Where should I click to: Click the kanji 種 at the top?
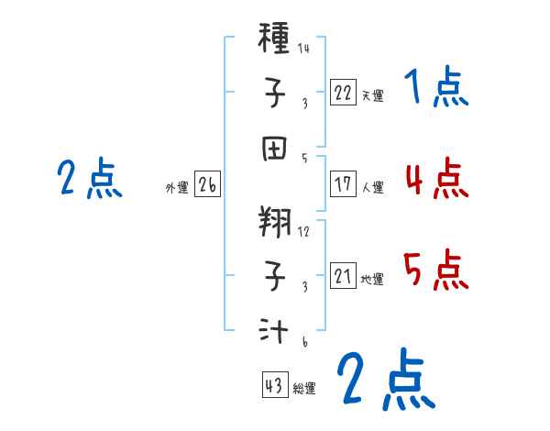click(276, 39)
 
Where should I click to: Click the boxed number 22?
click(342, 92)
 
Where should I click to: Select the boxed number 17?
click(342, 183)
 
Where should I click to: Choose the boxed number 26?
click(207, 185)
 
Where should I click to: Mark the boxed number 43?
click(274, 386)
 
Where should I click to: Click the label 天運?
click(372, 95)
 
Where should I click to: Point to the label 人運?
click(372, 187)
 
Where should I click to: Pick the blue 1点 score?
click(435, 89)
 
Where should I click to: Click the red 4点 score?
click(435, 178)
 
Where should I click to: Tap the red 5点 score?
click(435, 271)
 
